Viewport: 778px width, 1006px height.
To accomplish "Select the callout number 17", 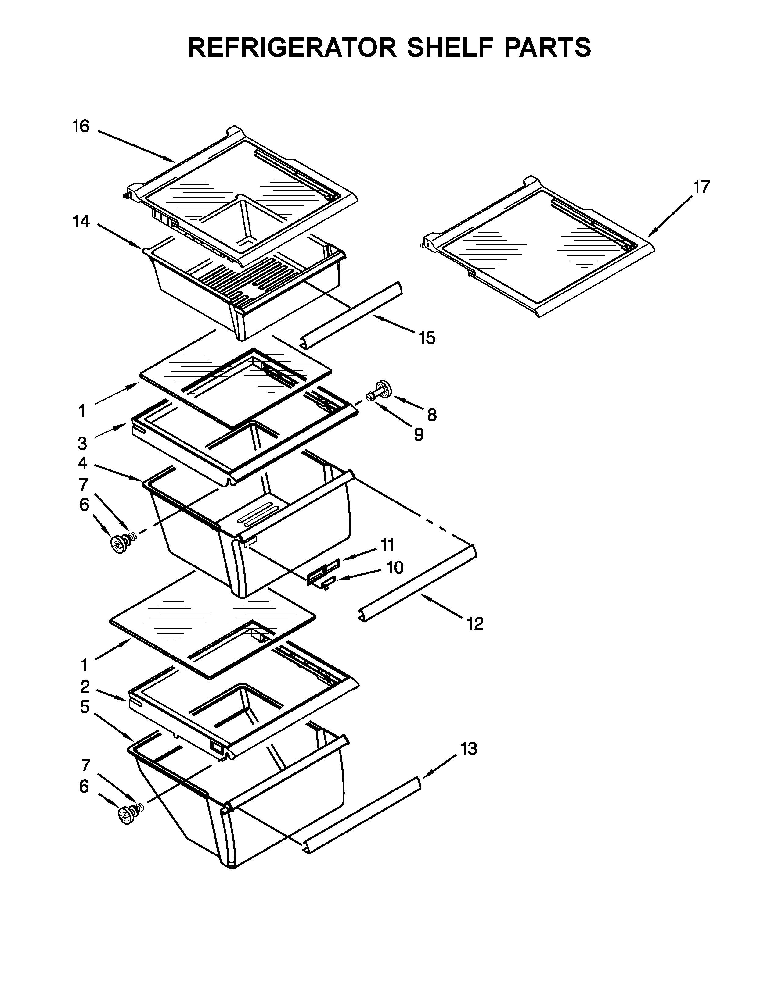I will coord(701,187).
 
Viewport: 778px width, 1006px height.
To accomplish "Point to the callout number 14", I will coord(81,222).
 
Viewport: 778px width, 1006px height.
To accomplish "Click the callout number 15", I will coord(427,338).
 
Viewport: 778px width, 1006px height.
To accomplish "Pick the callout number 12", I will coord(475,624).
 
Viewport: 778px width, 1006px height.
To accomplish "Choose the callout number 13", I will coord(468,749).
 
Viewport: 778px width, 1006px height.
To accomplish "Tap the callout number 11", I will coord(387,545).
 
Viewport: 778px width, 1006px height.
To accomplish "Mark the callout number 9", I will coord(419,434).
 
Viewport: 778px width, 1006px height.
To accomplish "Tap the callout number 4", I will coord(82,462).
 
